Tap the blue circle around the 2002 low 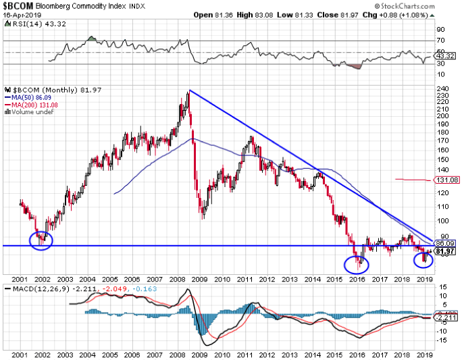[x=41, y=240]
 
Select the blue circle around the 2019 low [x=423, y=257]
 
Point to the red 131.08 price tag [x=448, y=180]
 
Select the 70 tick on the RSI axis [x=440, y=41]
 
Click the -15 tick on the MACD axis [x=443, y=340]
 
